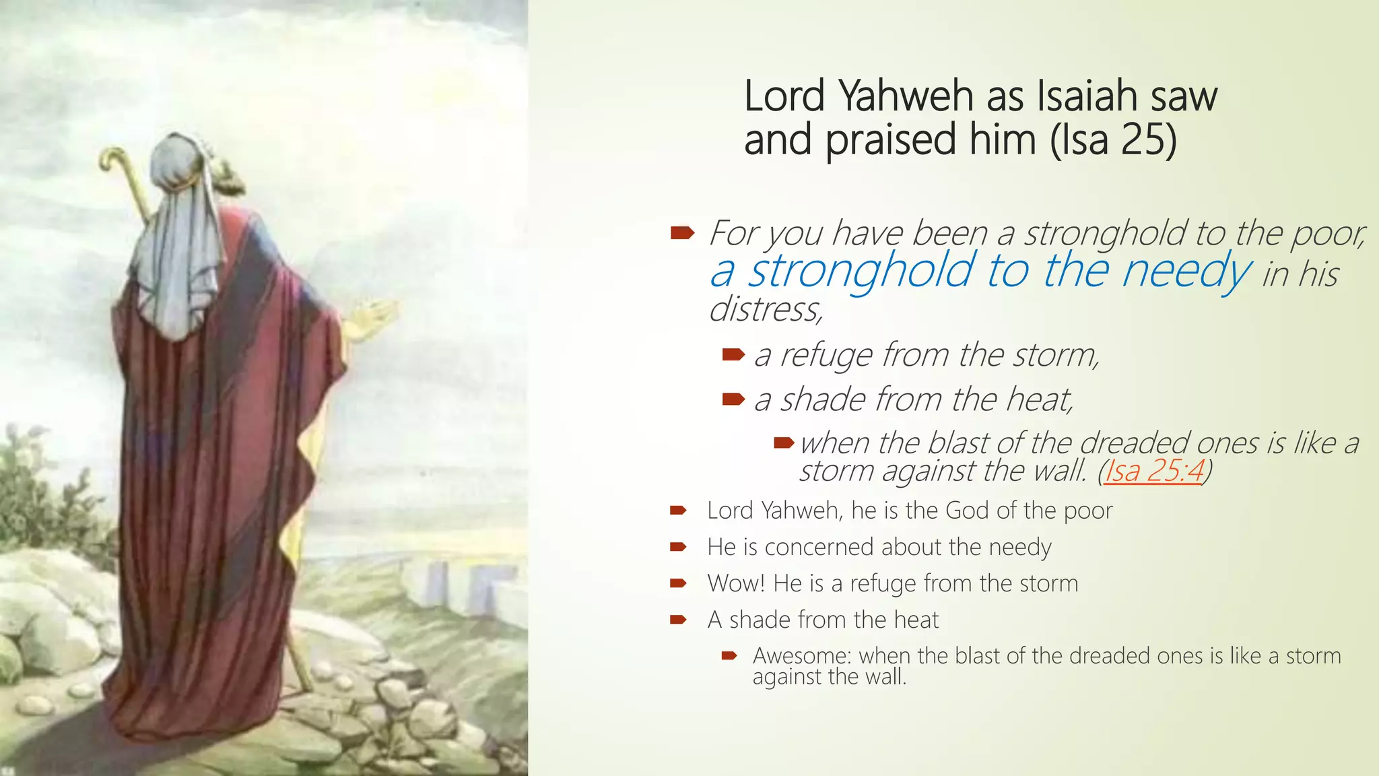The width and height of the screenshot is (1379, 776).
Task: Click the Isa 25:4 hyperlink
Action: (x=1153, y=470)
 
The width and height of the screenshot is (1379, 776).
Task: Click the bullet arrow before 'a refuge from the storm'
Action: (x=733, y=354)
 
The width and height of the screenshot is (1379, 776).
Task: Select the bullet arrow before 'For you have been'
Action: (x=682, y=233)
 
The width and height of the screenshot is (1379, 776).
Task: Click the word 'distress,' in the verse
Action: (x=766, y=309)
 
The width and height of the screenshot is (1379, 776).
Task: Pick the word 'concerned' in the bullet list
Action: (x=819, y=547)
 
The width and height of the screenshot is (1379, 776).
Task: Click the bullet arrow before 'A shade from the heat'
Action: (x=677, y=620)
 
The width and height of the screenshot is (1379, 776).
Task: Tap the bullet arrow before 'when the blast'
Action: (x=784, y=443)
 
